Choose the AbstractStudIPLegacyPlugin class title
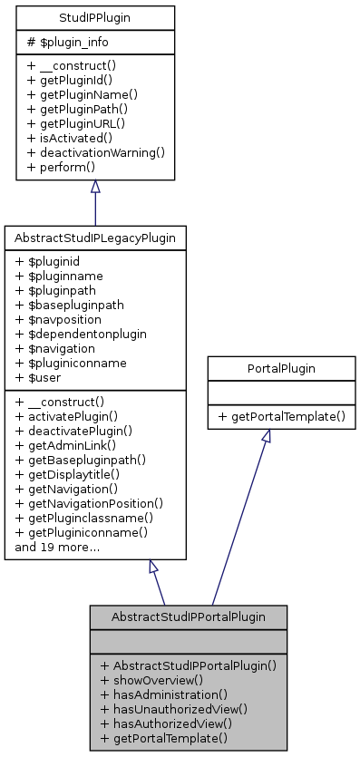pyautogui.click(x=95, y=238)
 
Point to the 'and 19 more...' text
pyautogui.click(x=56, y=548)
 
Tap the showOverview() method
pyautogui.click(x=151, y=679)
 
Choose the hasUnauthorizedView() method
pyautogui.click(x=174, y=708)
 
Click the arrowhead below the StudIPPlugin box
pyautogui.click(x=95, y=187)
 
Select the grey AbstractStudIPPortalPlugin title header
pyautogui.click(x=188, y=616)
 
